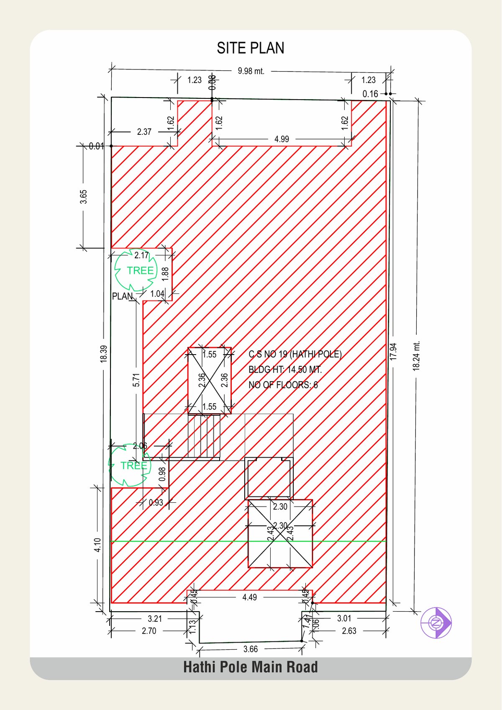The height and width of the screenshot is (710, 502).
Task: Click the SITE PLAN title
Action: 251,48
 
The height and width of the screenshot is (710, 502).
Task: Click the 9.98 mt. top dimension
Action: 251,71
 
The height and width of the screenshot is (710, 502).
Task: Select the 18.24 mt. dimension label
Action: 416,356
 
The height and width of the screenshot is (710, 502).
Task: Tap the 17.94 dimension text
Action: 393,352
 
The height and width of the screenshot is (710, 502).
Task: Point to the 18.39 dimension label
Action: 104,353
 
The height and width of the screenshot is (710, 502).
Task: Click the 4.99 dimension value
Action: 282,139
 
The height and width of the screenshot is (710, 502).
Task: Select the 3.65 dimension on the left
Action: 84,197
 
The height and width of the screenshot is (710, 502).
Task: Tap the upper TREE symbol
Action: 136,270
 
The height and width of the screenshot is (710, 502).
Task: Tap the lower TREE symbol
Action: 130,466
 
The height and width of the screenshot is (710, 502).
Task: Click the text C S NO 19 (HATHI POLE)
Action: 295,354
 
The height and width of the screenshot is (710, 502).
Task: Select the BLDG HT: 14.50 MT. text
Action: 285,370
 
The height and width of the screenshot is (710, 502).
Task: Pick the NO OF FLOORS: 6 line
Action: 283,385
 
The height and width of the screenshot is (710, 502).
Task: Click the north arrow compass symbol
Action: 436,623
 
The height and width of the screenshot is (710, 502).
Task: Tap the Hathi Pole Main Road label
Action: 251,667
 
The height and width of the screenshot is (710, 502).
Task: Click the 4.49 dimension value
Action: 249,597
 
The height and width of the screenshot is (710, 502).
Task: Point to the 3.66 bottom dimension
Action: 251,649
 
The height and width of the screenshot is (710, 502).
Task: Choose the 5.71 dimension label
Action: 136,380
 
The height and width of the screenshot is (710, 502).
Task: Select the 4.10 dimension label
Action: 97,545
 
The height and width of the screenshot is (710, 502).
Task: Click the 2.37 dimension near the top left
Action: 144,132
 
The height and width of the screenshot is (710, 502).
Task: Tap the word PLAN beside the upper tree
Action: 122,296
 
